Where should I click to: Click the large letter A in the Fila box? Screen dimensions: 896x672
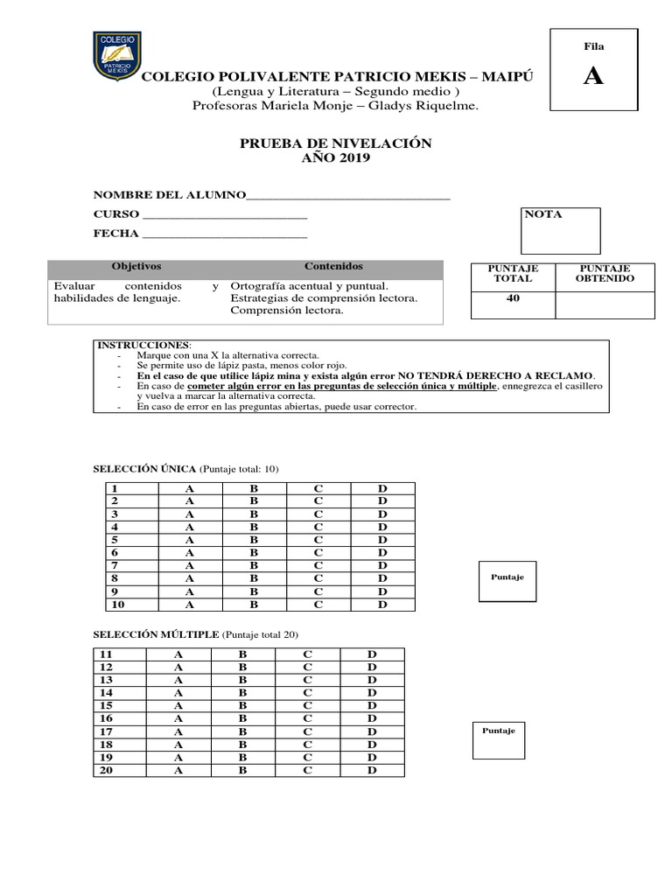[593, 76]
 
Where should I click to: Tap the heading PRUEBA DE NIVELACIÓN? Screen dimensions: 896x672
[336, 143]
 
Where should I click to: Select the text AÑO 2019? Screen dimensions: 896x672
[336, 158]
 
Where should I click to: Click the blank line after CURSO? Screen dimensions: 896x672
[224, 214]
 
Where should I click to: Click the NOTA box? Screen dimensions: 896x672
[561, 231]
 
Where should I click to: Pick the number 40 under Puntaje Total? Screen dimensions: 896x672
[513, 298]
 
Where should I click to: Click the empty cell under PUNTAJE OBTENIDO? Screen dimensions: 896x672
[604, 304]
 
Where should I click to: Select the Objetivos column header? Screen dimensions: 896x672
[136, 266]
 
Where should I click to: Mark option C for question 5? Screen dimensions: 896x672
[319, 540]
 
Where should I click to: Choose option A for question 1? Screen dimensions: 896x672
[189, 488]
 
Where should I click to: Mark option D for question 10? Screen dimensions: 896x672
[382, 605]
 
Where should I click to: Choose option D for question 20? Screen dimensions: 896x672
[372, 770]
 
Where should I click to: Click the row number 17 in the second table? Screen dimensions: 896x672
[107, 731]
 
